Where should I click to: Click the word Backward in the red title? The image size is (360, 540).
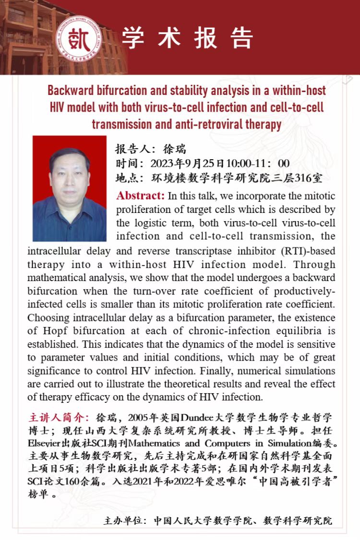(72, 91)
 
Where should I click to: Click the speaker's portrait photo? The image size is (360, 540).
(70, 188)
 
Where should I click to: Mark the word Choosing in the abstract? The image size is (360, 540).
(48, 318)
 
